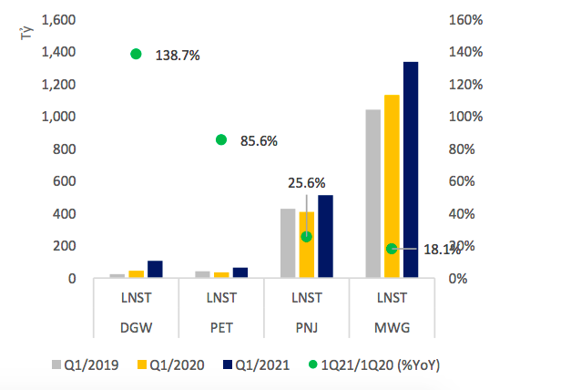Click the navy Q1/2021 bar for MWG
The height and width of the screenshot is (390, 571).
click(x=411, y=169)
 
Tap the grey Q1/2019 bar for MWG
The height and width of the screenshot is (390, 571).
click(x=372, y=193)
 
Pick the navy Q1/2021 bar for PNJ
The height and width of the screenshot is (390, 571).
click(x=325, y=236)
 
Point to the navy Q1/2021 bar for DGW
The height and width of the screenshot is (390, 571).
click(x=155, y=269)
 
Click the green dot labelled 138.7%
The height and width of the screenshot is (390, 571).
click(x=137, y=54)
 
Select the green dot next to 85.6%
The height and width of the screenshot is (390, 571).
click(x=221, y=139)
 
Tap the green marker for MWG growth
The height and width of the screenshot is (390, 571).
click(x=392, y=249)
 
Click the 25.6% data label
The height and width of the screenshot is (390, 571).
click(x=306, y=183)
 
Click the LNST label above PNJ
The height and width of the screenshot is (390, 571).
click(x=306, y=297)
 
